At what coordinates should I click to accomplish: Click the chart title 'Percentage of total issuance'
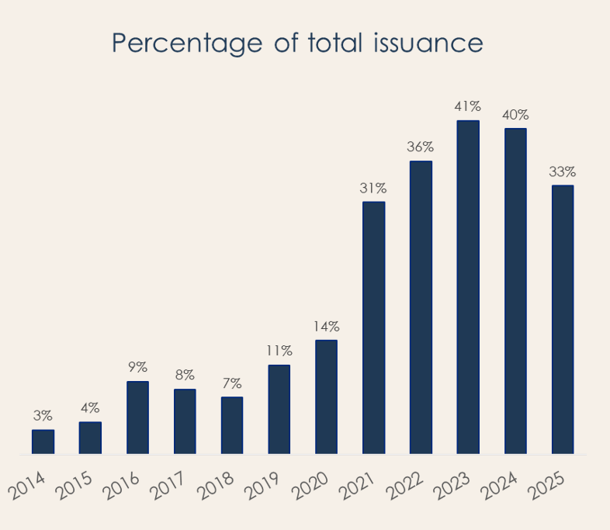(x=297, y=43)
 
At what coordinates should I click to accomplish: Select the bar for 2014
(x=43, y=442)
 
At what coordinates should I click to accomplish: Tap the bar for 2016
(x=137, y=417)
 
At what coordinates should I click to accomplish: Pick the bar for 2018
(x=232, y=425)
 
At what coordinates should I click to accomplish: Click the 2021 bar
(x=373, y=327)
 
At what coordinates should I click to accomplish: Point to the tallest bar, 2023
(x=468, y=287)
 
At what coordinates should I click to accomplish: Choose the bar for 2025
(x=562, y=319)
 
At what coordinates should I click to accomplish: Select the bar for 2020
(x=326, y=397)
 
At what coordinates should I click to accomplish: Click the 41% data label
(x=468, y=106)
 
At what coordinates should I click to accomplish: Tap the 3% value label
(x=43, y=417)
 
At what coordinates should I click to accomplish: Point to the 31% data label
(x=373, y=189)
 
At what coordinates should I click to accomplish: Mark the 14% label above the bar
(x=326, y=327)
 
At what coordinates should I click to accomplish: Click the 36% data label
(x=421, y=147)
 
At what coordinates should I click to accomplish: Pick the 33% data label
(x=562, y=171)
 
